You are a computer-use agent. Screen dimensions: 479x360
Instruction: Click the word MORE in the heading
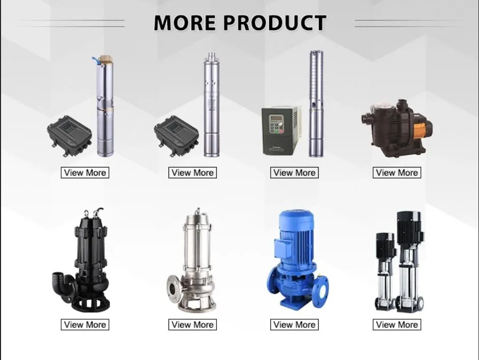pyautogui.click(x=185, y=22)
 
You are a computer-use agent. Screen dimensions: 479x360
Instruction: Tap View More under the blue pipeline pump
pyautogui.click(x=295, y=324)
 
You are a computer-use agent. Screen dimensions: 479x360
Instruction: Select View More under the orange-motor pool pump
pyautogui.click(x=397, y=173)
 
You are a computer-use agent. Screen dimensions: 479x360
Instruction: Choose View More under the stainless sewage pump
pyautogui.click(x=192, y=324)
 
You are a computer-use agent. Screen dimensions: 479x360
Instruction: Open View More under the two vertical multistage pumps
pyautogui.click(x=397, y=324)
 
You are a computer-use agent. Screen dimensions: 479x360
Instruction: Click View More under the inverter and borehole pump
pyautogui.click(x=295, y=173)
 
